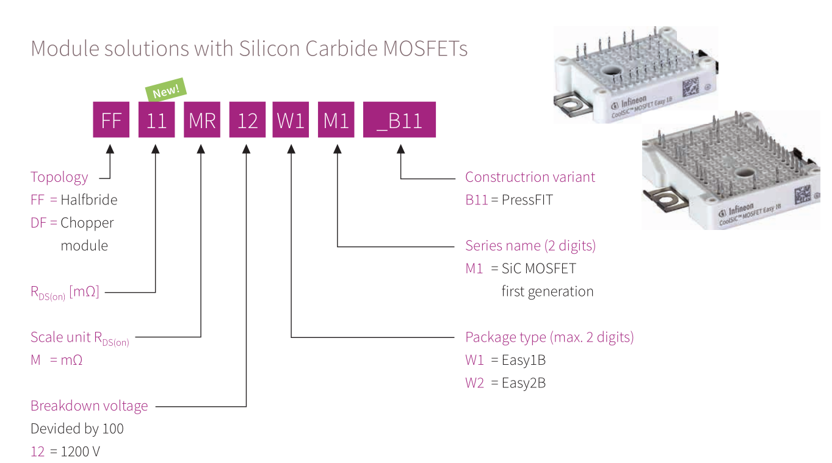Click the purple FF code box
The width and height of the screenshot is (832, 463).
pos(111,120)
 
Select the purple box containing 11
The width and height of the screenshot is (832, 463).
pos(156,120)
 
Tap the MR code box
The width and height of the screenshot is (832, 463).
pos(202,120)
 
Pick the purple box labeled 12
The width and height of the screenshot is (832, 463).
pos(247,120)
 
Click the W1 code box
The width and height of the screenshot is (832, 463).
pos(291,120)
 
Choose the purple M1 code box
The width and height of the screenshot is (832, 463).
pos(336,120)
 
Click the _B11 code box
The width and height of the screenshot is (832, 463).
pos(399,120)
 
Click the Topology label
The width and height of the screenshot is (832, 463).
pos(59,177)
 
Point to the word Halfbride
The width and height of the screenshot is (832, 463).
pos(89,199)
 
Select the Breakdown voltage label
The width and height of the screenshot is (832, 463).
pos(89,406)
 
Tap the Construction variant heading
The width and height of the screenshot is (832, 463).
pos(530,177)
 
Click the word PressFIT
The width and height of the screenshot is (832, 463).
pos(527,199)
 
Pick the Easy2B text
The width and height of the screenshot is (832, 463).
pos(523,382)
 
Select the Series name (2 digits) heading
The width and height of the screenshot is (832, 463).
pos(530,245)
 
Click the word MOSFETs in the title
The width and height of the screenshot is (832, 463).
pos(425,48)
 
